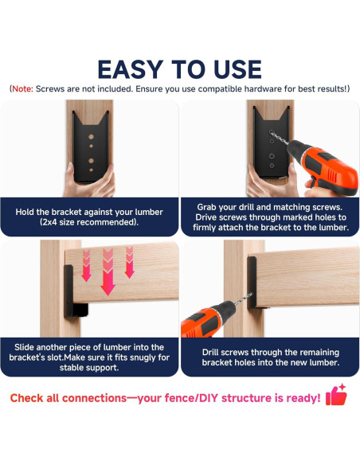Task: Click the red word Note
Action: coord(22,89)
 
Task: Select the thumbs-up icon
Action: coord(336,395)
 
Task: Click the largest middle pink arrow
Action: coord(108,272)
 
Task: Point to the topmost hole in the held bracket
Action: coord(91,137)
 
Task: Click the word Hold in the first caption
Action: coord(25,212)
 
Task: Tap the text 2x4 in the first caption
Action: coord(49,222)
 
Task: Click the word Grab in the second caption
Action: coord(207,207)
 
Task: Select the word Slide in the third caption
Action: coord(24,347)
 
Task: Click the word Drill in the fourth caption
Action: coord(210,352)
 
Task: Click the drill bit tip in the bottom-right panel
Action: coord(252,294)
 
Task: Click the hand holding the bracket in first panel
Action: coord(90,182)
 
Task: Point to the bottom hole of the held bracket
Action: coord(91,170)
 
